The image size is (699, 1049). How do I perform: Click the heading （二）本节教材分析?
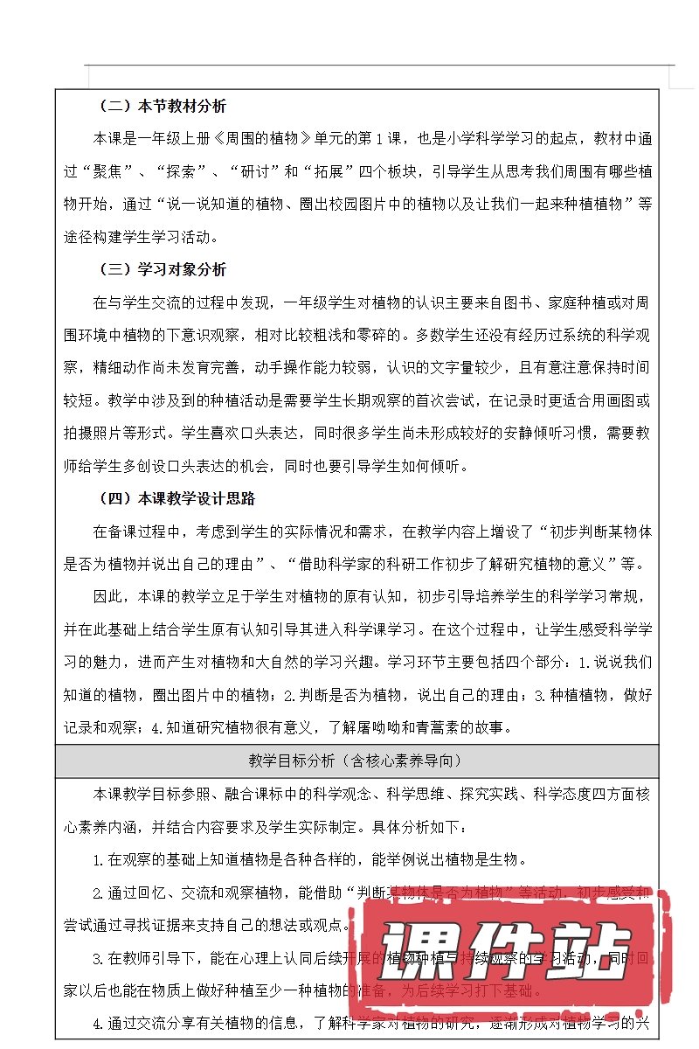(162, 107)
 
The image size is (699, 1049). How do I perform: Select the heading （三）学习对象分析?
(162, 270)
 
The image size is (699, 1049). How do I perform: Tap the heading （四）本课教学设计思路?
(175, 498)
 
